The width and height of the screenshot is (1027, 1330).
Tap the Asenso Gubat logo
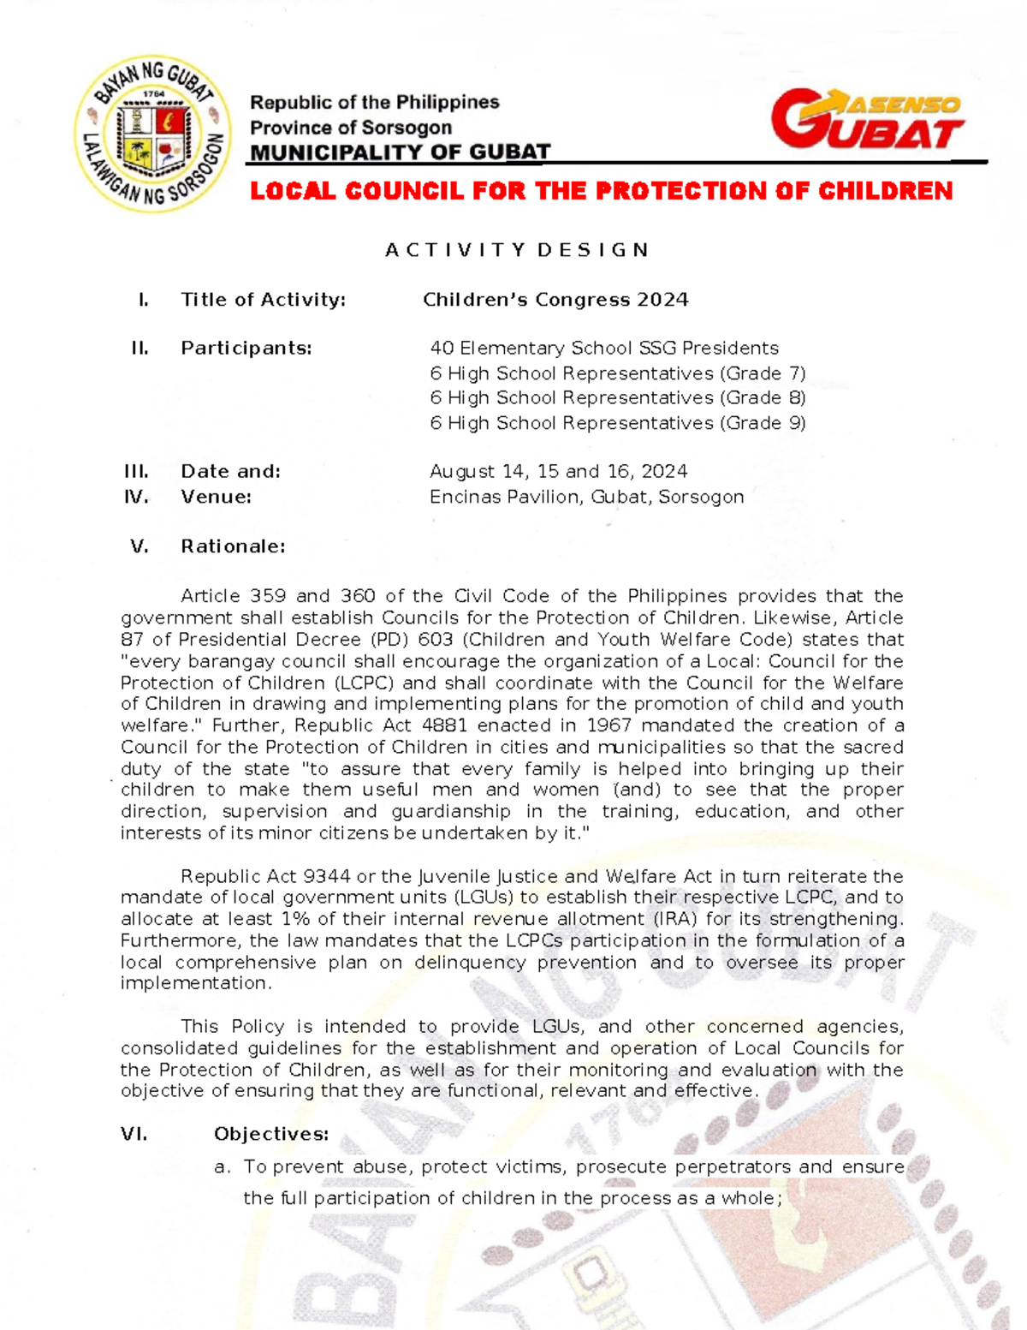pyautogui.click(x=866, y=120)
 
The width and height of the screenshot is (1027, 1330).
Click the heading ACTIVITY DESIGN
pyautogui.click(x=517, y=250)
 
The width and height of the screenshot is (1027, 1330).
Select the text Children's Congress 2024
pyautogui.click(x=555, y=300)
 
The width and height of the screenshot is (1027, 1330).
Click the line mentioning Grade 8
pyautogui.click(x=617, y=398)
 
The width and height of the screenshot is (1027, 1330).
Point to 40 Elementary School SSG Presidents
pyautogui.click(x=603, y=349)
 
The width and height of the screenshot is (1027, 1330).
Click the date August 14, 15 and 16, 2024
pyautogui.click(x=558, y=472)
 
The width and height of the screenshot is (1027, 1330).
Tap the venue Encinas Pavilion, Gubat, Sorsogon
pyautogui.click(x=586, y=497)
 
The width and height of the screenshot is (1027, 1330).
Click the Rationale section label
pyautogui.click(x=233, y=546)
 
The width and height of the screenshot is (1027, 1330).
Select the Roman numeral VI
pyautogui.click(x=134, y=1135)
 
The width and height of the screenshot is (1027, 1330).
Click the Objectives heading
pyautogui.click(x=271, y=1135)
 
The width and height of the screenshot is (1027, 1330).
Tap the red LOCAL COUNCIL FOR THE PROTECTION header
pyautogui.click(x=601, y=191)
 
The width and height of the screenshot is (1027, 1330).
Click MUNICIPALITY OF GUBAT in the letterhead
pyautogui.click(x=400, y=152)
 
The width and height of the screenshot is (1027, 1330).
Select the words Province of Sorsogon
pyautogui.click(x=350, y=128)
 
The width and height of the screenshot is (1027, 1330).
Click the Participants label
pyautogui.click(x=246, y=349)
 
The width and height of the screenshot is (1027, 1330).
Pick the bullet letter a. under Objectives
pyautogui.click(x=223, y=1167)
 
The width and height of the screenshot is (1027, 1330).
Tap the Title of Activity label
pyautogui.click(x=263, y=300)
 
